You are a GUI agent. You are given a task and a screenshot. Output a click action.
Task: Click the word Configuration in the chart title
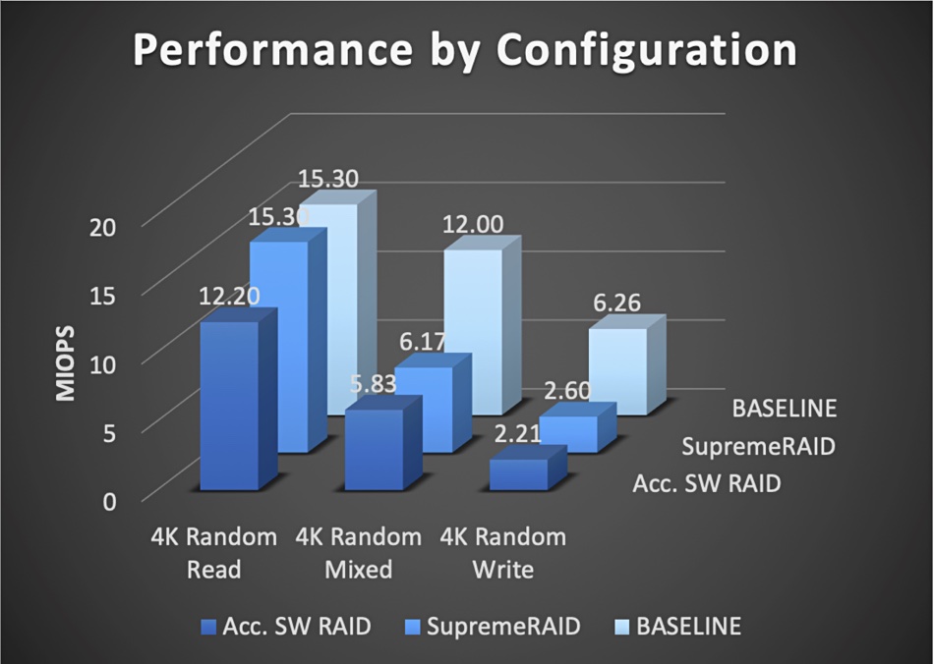(x=646, y=51)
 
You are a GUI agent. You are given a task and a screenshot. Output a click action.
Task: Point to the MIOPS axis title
(x=66, y=362)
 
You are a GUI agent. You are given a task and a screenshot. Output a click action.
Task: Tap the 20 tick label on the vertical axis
(x=102, y=227)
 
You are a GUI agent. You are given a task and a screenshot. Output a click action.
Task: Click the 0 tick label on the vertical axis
(x=109, y=501)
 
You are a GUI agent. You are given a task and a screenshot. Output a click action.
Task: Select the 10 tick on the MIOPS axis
(x=102, y=364)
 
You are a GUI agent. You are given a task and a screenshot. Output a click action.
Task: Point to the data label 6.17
(x=423, y=342)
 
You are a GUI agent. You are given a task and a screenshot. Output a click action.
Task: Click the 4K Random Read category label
(x=214, y=553)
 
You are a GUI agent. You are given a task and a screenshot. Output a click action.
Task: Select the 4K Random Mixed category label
(x=359, y=553)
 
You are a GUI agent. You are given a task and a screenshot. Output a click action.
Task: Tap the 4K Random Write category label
(x=503, y=553)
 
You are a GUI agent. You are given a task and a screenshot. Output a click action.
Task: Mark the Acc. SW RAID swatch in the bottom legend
(x=209, y=627)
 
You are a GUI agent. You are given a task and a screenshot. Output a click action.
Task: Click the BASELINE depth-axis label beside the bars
(x=785, y=409)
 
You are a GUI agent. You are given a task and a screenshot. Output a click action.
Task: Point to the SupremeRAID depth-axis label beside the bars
(x=758, y=446)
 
